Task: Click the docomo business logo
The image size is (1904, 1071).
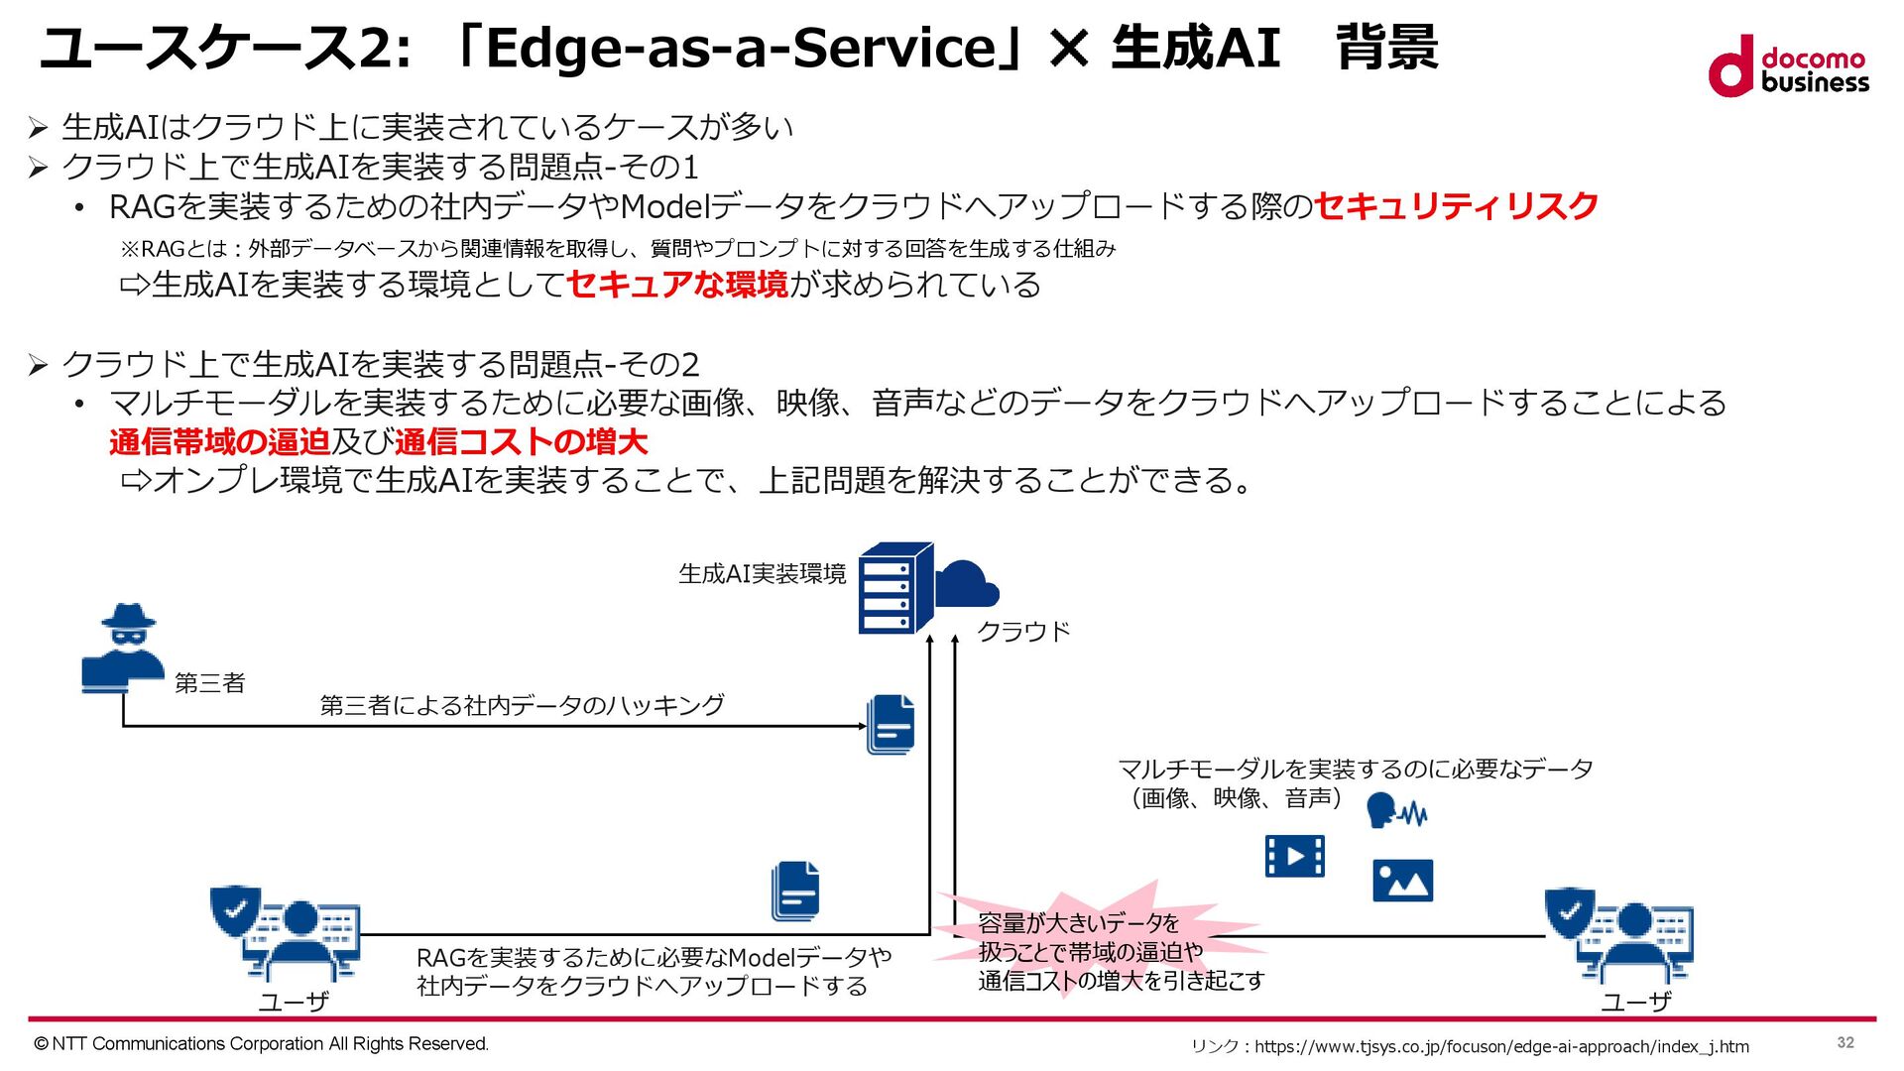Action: (x=1788, y=66)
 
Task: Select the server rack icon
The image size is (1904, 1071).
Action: (x=894, y=588)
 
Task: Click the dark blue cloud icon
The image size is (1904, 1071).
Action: (x=966, y=584)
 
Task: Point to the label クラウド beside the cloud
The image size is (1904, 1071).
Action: (x=1023, y=632)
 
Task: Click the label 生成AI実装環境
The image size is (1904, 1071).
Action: (x=762, y=574)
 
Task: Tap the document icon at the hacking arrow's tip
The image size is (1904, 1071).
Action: (x=891, y=725)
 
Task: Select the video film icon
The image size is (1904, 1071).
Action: (x=1294, y=856)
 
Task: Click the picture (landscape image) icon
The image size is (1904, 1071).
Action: (x=1402, y=881)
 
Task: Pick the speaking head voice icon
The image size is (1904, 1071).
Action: (x=1394, y=811)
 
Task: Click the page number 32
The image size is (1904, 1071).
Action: (x=1844, y=1042)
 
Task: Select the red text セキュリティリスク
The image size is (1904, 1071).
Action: (x=1456, y=206)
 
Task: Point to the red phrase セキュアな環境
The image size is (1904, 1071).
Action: (x=677, y=285)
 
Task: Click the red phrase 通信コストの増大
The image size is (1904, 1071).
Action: (x=521, y=441)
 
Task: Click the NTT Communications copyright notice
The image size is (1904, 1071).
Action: (x=262, y=1043)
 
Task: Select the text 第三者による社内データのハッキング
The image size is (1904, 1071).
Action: (x=522, y=705)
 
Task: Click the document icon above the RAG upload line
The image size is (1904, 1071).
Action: (x=795, y=891)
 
